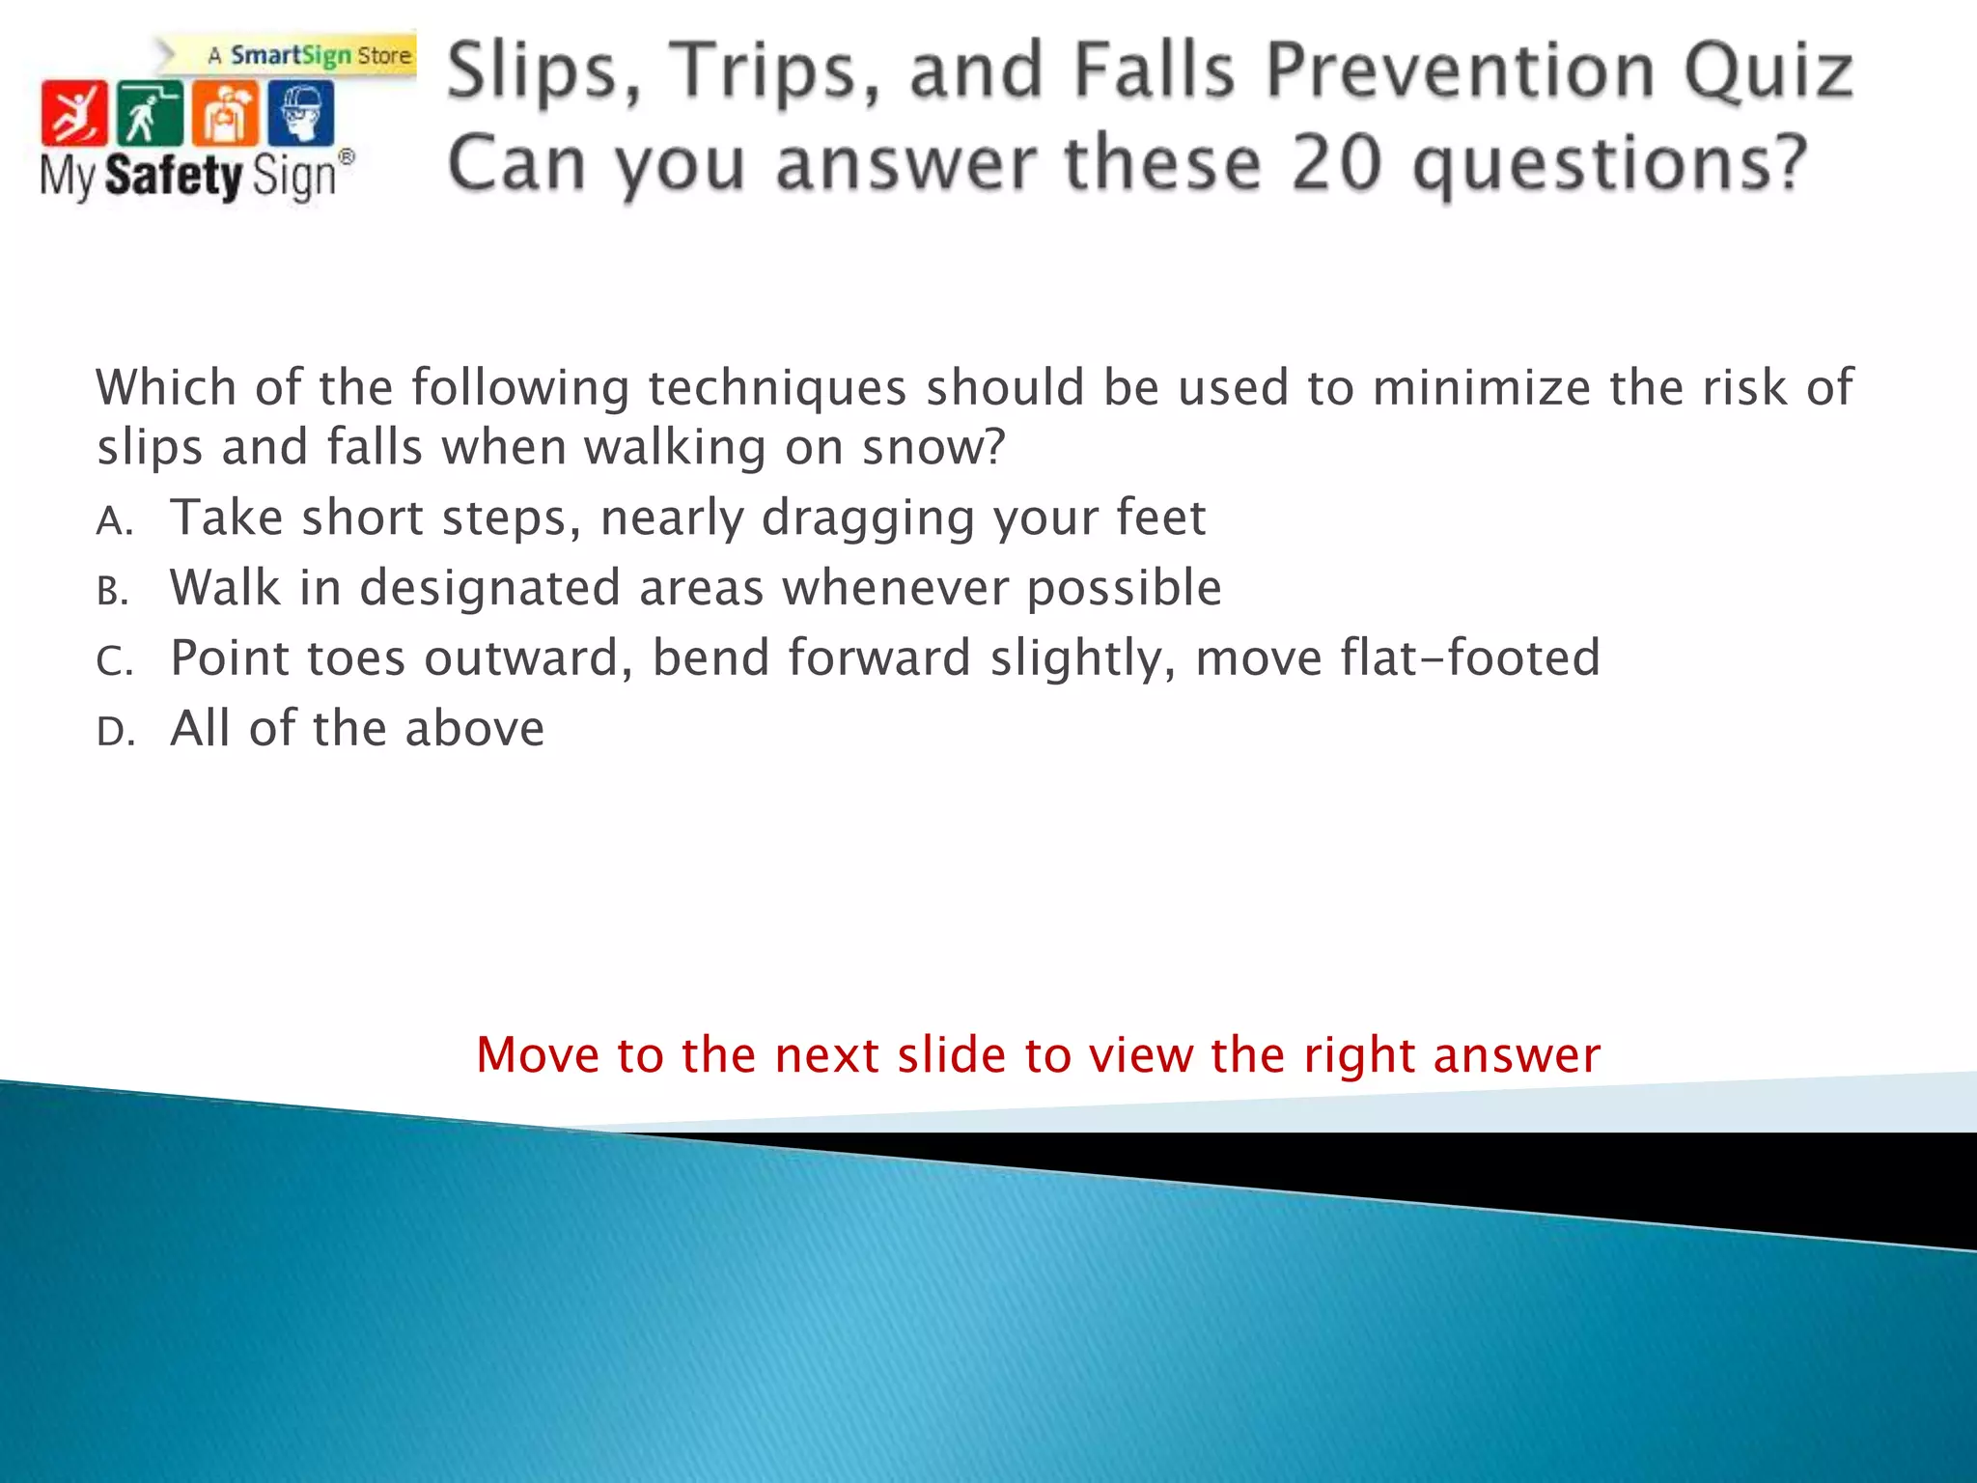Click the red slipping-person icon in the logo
click(73, 114)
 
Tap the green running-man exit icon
click(149, 114)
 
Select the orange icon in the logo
click(225, 114)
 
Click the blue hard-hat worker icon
click(301, 114)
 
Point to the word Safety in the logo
click(174, 177)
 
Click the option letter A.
click(113, 522)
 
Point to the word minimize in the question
click(1481, 388)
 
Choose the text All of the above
click(357, 729)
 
